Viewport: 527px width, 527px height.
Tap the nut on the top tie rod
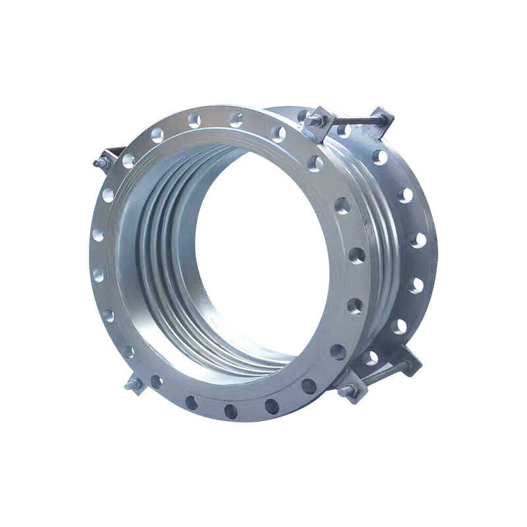pyautogui.click(x=314, y=121)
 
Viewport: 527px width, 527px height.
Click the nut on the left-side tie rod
pyautogui.click(x=101, y=162)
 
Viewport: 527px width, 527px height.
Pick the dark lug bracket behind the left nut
pyautogui.click(x=115, y=153)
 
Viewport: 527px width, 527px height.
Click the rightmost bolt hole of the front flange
pyautogui.click(x=356, y=255)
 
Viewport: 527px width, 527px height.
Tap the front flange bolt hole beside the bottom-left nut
pyautogui.click(x=155, y=381)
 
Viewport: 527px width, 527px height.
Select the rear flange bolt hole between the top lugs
pyautogui.click(x=344, y=130)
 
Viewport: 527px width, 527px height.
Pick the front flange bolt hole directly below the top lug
pyautogui.click(x=316, y=163)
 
